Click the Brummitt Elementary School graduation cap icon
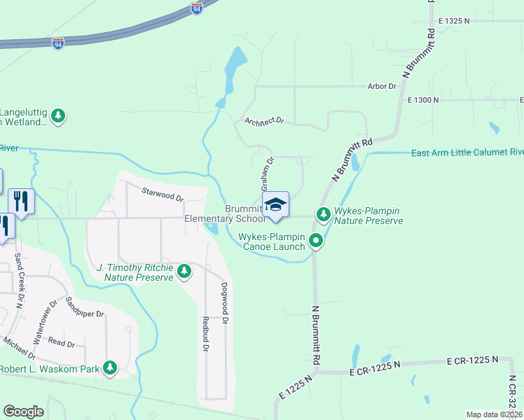point(275,204)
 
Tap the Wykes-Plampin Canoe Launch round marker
point(316,241)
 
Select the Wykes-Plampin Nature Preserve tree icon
point(323,214)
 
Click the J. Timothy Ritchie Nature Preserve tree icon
point(184,271)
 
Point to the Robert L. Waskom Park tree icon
point(109,367)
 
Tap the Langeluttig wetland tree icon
point(60,115)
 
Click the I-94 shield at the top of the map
point(197,8)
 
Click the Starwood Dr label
point(162,194)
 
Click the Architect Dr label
point(264,121)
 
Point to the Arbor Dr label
point(382,86)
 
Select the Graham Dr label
point(267,174)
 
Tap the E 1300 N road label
point(423,100)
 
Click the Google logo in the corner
point(23,412)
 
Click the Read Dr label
point(62,344)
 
